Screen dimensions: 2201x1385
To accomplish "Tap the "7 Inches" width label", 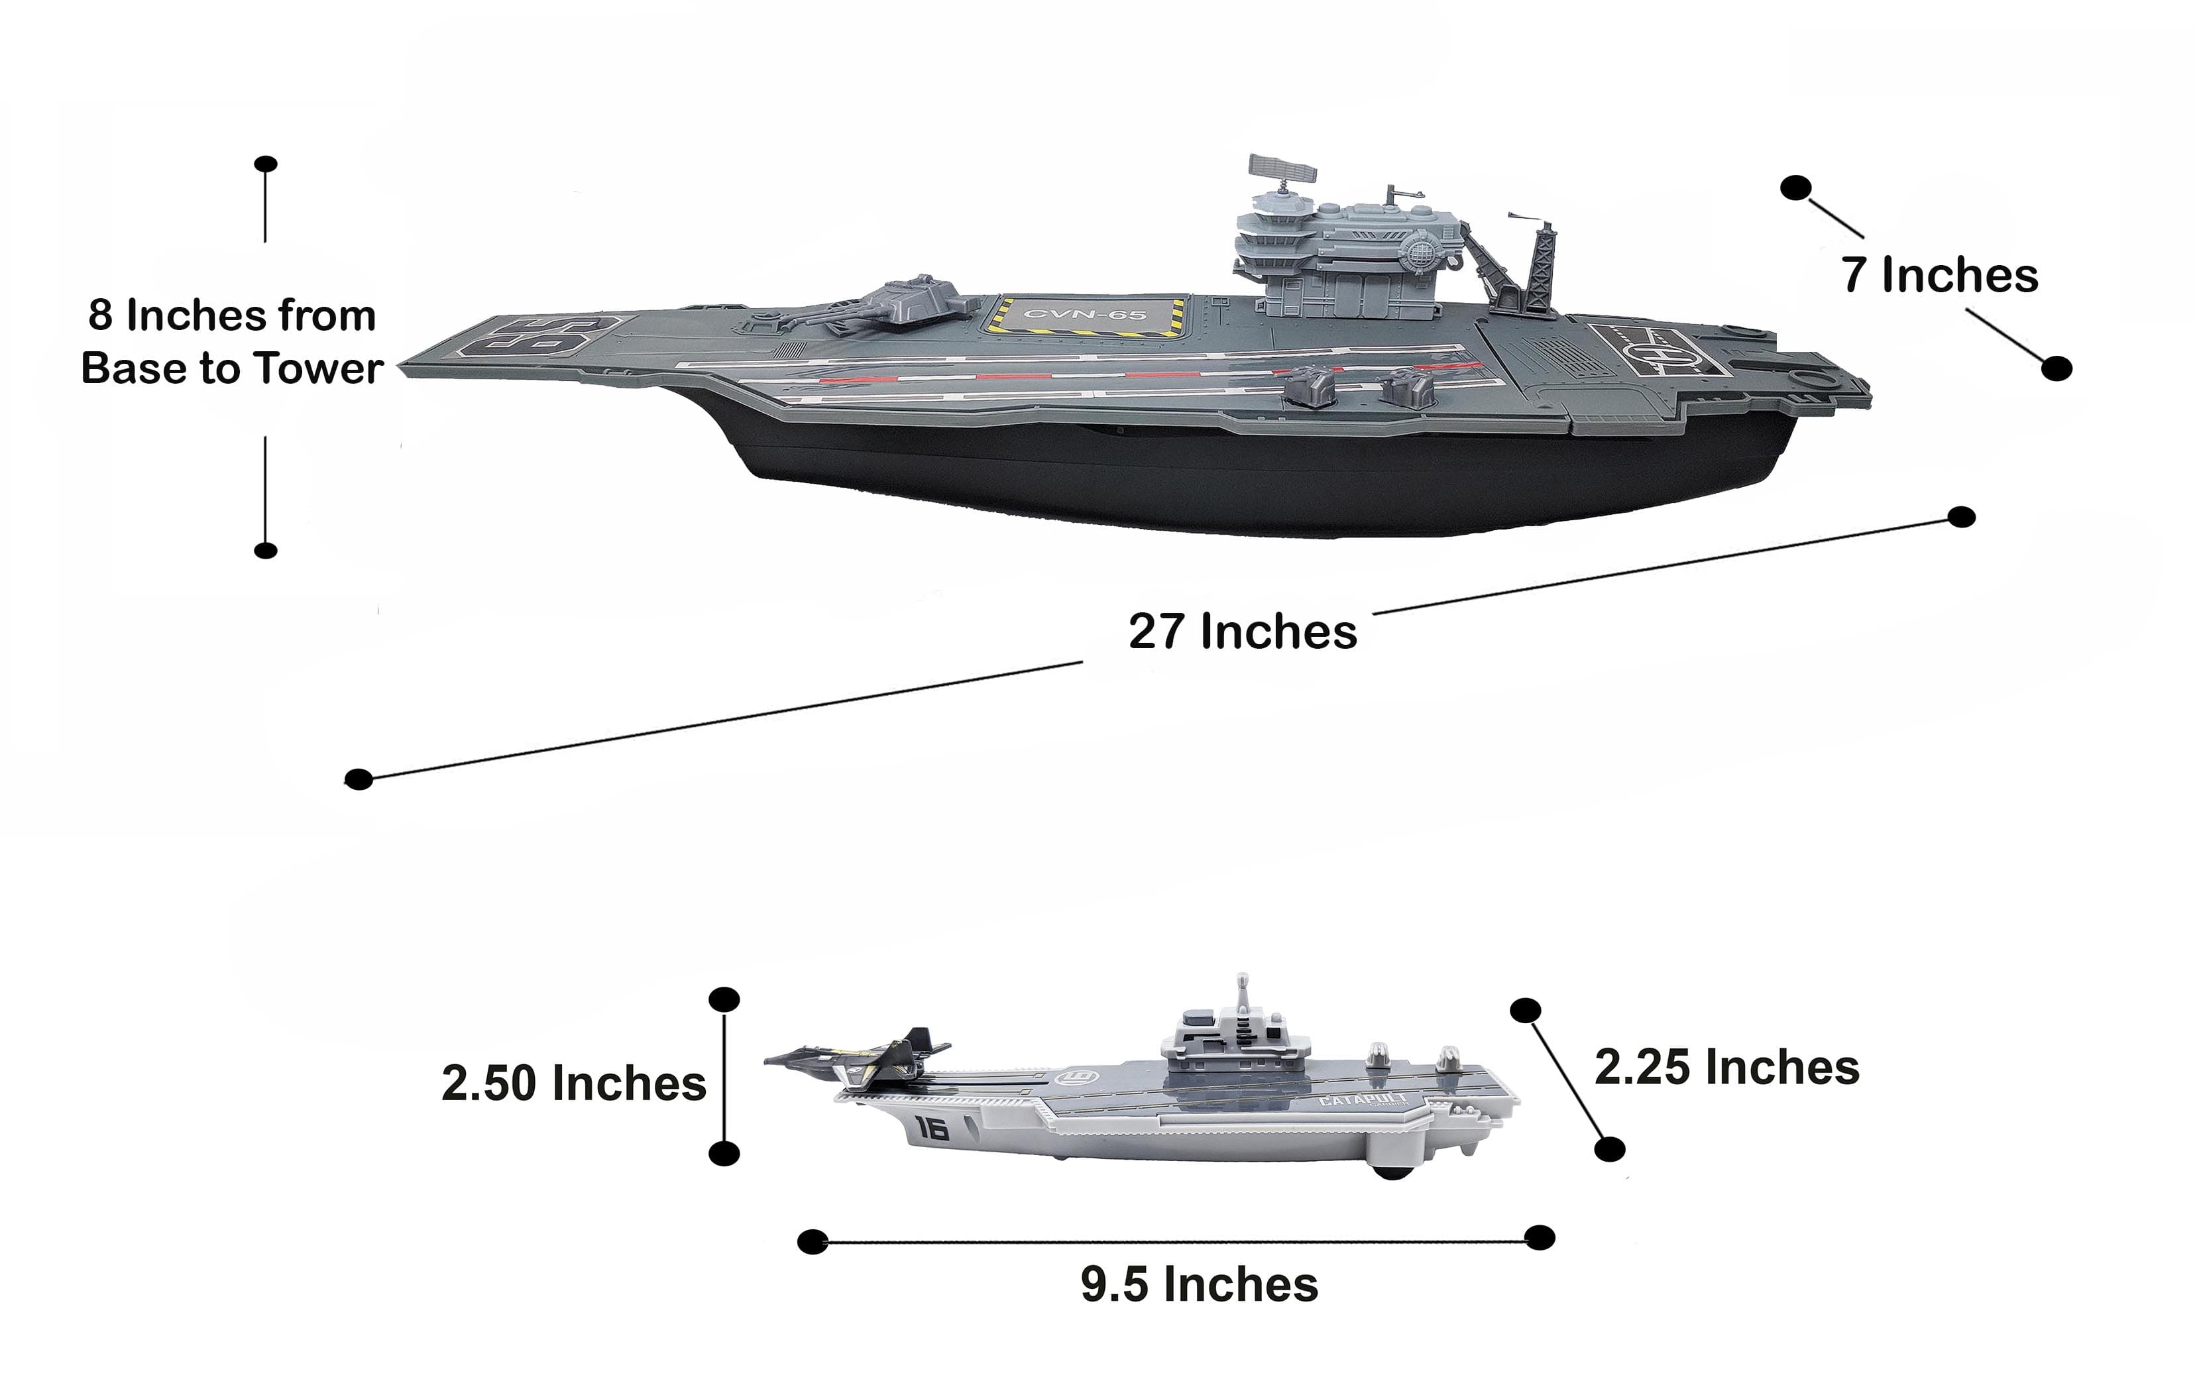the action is pos(1940,274).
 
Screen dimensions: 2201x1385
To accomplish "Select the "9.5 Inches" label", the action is pos(1199,1284).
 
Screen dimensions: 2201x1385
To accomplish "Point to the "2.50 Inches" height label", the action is pos(574,1083).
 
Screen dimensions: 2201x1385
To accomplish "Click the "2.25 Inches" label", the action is pos(1726,1067).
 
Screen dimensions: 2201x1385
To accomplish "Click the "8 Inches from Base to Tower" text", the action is pos(231,341).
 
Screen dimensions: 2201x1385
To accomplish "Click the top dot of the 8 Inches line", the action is pos(266,164).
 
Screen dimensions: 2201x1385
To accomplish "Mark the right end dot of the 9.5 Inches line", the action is pos(1540,1238).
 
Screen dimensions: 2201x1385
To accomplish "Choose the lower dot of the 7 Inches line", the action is pos(2057,368).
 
